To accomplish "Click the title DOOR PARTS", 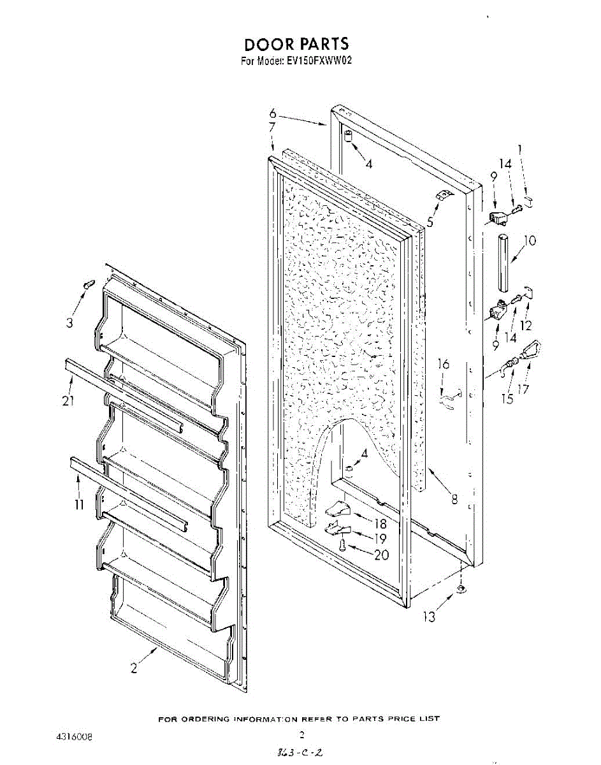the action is [297, 43].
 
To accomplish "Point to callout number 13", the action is [431, 616].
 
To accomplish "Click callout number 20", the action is [381, 555].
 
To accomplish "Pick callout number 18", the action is [380, 524].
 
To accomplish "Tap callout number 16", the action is [444, 364].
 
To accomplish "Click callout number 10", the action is [530, 241].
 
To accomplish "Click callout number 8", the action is [454, 500].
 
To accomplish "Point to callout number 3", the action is [69, 323].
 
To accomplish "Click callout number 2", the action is [133, 668].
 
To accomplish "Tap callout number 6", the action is [272, 113].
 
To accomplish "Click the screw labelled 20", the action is [343, 545].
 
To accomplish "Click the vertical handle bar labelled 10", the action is [503, 261].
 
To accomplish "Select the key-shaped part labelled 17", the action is [531, 350].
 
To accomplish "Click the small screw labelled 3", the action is [88, 284].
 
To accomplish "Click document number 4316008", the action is [75, 736].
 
